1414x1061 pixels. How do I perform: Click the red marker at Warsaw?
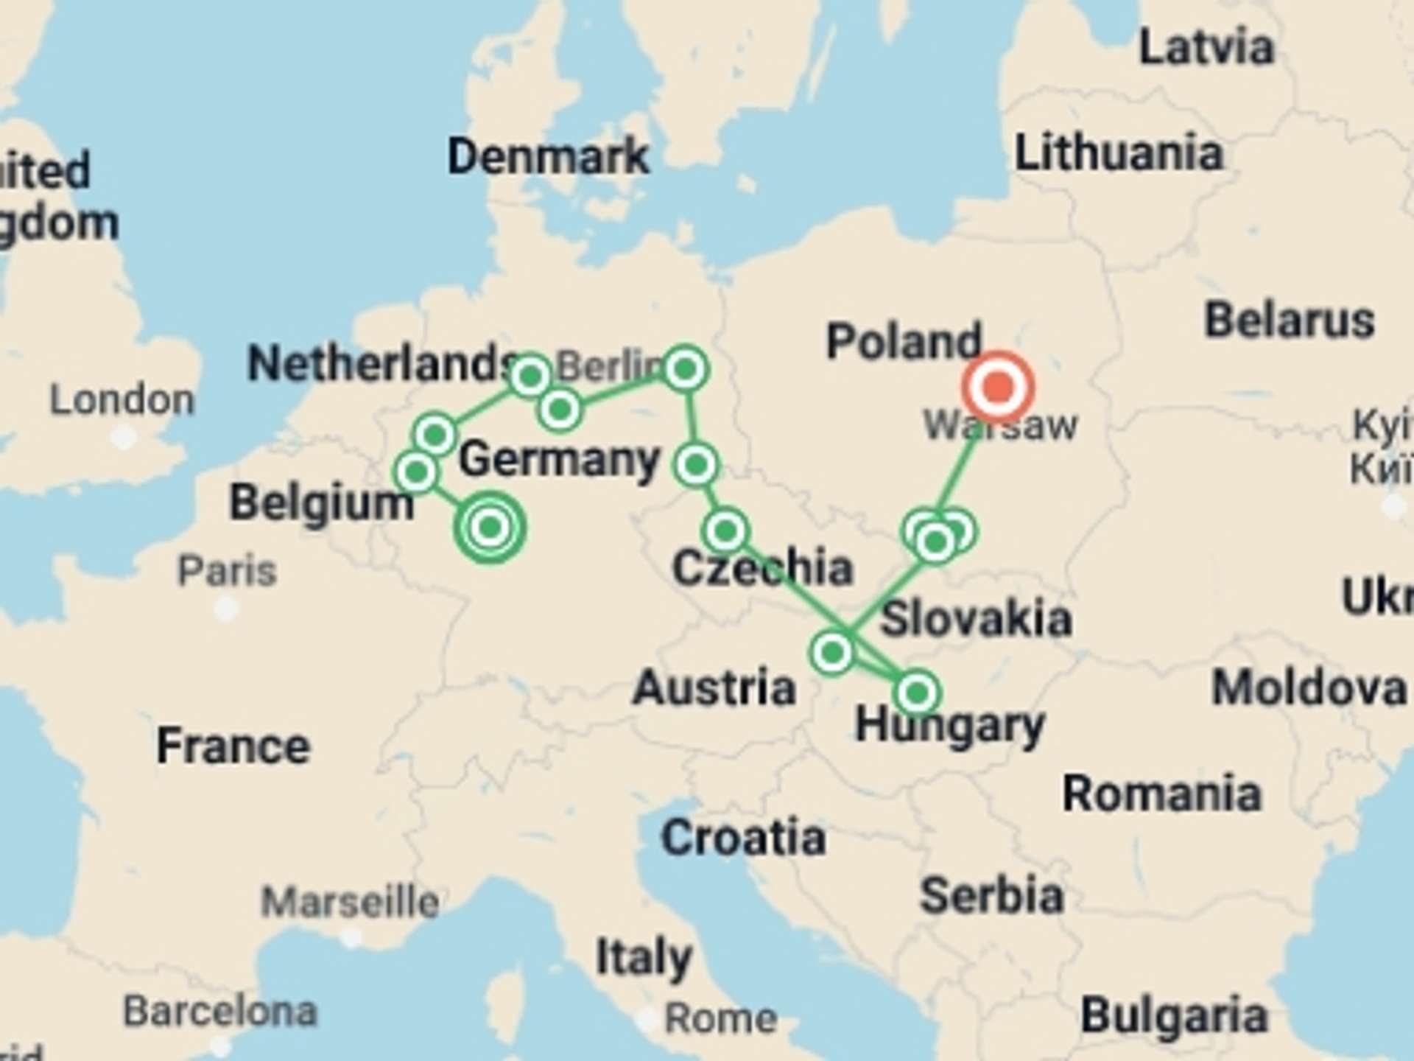pyautogui.click(x=998, y=387)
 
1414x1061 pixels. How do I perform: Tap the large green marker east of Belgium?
pyautogui.click(x=490, y=528)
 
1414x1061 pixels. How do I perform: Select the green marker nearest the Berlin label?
pyautogui.click(x=685, y=368)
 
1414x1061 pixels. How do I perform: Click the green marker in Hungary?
pyautogui.click(x=917, y=693)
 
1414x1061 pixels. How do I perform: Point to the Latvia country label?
pyautogui.click(x=1206, y=48)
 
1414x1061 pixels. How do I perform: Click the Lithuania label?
pyautogui.click(x=1119, y=153)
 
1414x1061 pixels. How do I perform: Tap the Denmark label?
pyautogui.click(x=549, y=156)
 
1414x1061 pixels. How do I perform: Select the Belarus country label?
pyautogui.click(x=1290, y=321)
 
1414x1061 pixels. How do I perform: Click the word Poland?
pyautogui.click(x=904, y=341)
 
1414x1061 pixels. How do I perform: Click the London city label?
pyautogui.click(x=122, y=400)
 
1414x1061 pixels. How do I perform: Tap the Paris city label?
pyautogui.click(x=228, y=570)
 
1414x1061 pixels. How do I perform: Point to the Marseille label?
pyautogui.click(x=351, y=902)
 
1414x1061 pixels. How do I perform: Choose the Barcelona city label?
pyautogui.click(x=220, y=1011)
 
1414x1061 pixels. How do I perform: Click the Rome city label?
pyautogui.click(x=720, y=1018)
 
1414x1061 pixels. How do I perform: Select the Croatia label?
pyautogui.click(x=743, y=838)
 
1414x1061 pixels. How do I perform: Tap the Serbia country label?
pyautogui.click(x=991, y=896)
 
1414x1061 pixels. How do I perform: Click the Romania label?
pyautogui.click(x=1161, y=794)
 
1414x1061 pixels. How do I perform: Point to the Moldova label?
pyautogui.click(x=1309, y=688)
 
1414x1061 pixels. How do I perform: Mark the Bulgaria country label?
pyautogui.click(x=1174, y=1015)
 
